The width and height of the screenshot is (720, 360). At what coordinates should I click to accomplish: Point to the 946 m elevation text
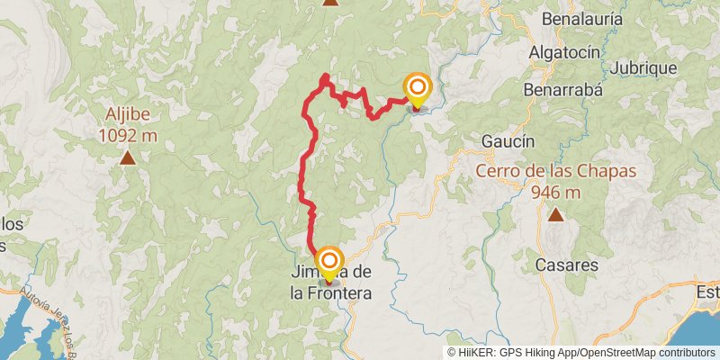tap(556, 192)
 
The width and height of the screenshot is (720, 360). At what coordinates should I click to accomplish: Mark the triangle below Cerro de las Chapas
tap(556, 214)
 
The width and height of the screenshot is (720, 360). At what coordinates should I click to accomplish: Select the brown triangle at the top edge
tap(331, 3)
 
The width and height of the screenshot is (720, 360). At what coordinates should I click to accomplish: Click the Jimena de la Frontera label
tap(330, 283)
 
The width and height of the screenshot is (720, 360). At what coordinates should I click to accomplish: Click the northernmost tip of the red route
tap(325, 76)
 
